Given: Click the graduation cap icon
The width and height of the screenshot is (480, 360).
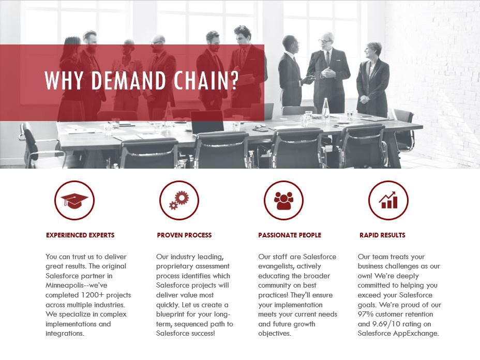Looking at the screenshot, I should [74, 200].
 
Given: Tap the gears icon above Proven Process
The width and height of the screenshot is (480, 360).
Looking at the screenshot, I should [179, 200].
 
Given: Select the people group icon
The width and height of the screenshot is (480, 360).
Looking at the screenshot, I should [283, 200].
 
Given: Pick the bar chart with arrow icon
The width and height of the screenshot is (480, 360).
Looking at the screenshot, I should [388, 200].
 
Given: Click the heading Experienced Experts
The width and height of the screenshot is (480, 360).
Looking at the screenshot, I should [80, 235].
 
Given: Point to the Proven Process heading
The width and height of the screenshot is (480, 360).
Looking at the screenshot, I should [184, 235].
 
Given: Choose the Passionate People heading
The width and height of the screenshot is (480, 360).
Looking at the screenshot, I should [290, 235].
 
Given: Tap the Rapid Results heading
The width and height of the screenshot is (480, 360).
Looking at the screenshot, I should [382, 235].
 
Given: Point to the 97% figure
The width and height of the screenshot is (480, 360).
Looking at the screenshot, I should [366, 314].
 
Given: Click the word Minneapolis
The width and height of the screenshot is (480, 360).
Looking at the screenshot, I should [65, 285].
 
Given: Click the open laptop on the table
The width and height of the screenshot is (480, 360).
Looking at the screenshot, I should [207, 123].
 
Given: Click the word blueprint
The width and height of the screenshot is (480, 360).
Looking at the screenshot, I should [174, 314].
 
